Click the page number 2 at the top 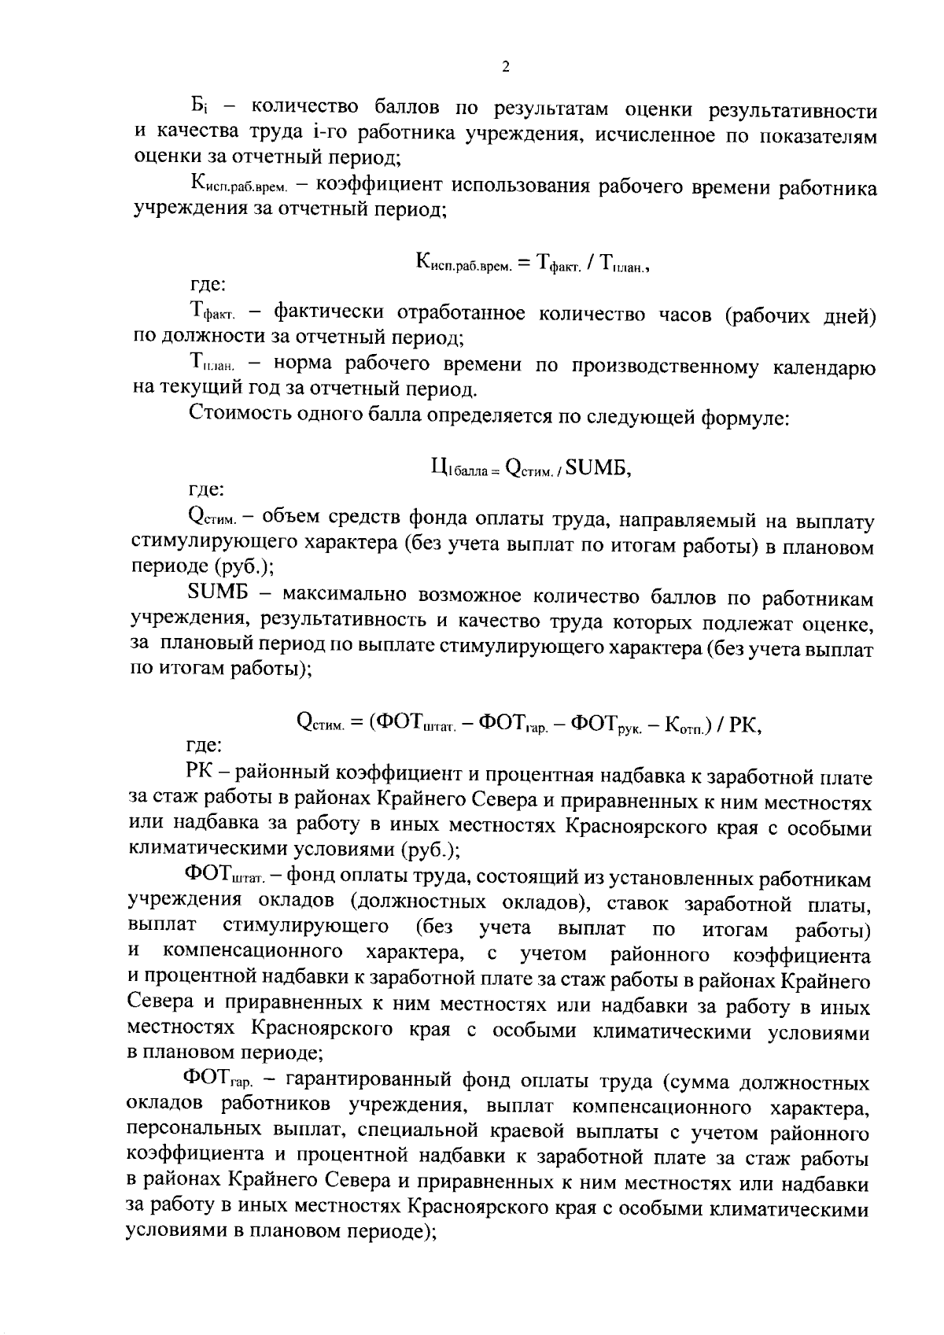click(x=505, y=68)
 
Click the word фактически click(x=330, y=312)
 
